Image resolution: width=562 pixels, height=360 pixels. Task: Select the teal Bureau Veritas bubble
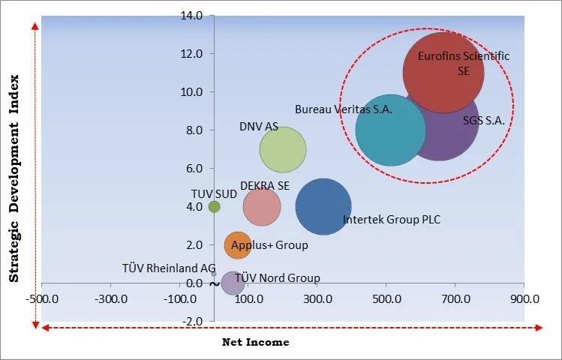coord(390,130)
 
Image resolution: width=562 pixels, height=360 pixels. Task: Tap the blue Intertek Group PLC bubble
coord(323,207)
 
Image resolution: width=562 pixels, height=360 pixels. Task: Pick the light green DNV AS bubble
coord(283,150)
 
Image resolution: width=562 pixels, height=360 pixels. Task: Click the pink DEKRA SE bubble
coord(262,207)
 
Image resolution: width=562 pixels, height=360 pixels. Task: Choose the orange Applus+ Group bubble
coord(238,244)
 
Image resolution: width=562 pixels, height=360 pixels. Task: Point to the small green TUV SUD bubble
coord(214,206)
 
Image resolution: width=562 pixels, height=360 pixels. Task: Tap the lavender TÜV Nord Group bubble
coord(233,283)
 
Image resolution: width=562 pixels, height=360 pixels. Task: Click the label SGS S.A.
coord(483,120)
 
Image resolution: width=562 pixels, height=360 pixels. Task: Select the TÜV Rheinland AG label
coord(169,268)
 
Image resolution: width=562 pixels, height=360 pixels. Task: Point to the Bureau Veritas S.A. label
coord(343,109)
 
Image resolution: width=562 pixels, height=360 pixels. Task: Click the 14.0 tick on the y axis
coord(192,15)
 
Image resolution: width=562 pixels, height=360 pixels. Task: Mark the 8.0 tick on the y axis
coord(194,130)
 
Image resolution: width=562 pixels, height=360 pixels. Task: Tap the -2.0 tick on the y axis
coord(193,322)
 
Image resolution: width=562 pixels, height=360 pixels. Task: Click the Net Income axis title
coord(255,342)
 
